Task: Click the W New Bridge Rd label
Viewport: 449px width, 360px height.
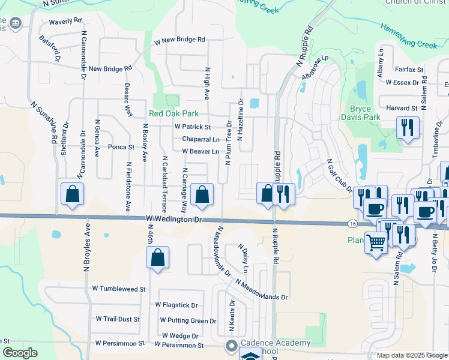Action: (x=179, y=41)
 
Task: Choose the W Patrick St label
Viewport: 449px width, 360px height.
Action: (x=192, y=127)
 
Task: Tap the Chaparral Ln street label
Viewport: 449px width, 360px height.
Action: (x=200, y=139)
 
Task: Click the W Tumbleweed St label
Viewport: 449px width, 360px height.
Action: (x=119, y=289)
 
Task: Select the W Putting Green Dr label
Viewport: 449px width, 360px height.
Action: (x=185, y=321)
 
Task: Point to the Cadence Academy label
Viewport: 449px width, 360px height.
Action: (x=276, y=343)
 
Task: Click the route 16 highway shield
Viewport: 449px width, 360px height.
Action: (x=352, y=224)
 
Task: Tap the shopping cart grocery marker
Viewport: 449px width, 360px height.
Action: (x=376, y=243)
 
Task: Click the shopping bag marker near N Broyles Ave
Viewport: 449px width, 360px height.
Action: (x=72, y=194)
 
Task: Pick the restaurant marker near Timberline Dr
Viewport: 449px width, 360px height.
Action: (x=408, y=128)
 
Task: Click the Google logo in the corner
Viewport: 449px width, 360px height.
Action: (x=20, y=353)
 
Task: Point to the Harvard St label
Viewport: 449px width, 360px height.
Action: (x=402, y=108)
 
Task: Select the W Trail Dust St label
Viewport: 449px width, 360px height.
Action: (x=117, y=320)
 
